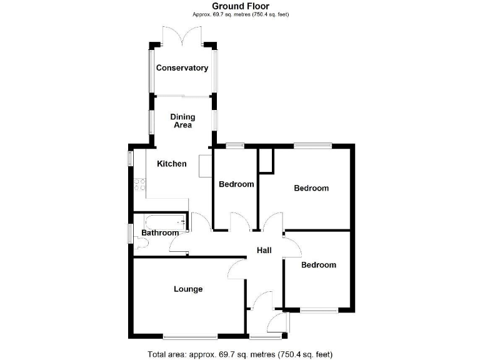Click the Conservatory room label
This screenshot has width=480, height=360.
(x=182, y=68)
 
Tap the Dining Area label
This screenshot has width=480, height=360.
(x=182, y=121)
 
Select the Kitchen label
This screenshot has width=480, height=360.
(x=171, y=164)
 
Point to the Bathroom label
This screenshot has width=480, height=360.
(x=160, y=233)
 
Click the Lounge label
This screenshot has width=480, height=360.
(x=188, y=289)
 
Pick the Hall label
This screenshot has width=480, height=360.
(x=264, y=251)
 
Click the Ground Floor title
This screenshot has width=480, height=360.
(x=241, y=6)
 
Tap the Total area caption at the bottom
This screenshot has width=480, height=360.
(x=241, y=354)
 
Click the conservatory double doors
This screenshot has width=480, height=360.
(x=182, y=36)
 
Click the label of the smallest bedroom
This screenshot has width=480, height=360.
(x=236, y=184)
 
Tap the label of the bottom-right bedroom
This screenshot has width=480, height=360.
(x=318, y=265)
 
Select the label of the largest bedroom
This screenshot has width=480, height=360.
(x=311, y=188)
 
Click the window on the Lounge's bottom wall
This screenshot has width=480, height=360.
(x=191, y=337)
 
